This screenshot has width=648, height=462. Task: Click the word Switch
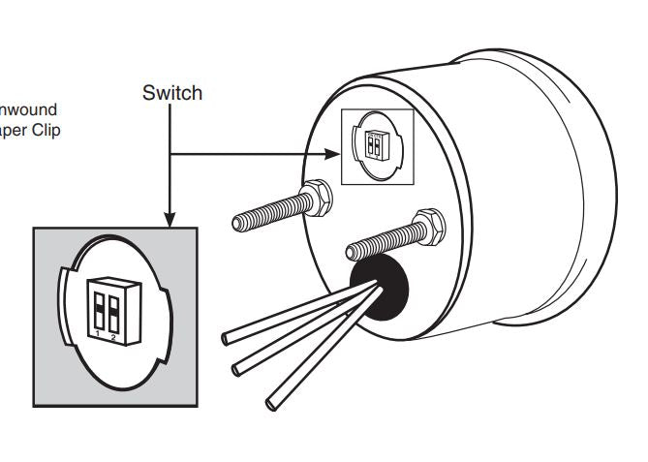pyautogui.click(x=172, y=93)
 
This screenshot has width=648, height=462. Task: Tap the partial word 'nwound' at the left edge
pyautogui.click(x=29, y=109)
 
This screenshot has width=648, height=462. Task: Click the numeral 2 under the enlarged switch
pyautogui.click(x=114, y=336)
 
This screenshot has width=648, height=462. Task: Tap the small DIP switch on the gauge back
pyautogui.click(x=375, y=145)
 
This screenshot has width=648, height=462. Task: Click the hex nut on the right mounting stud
pyautogui.click(x=427, y=226)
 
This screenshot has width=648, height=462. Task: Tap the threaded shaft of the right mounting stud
pyautogui.click(x=383, y=243)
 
